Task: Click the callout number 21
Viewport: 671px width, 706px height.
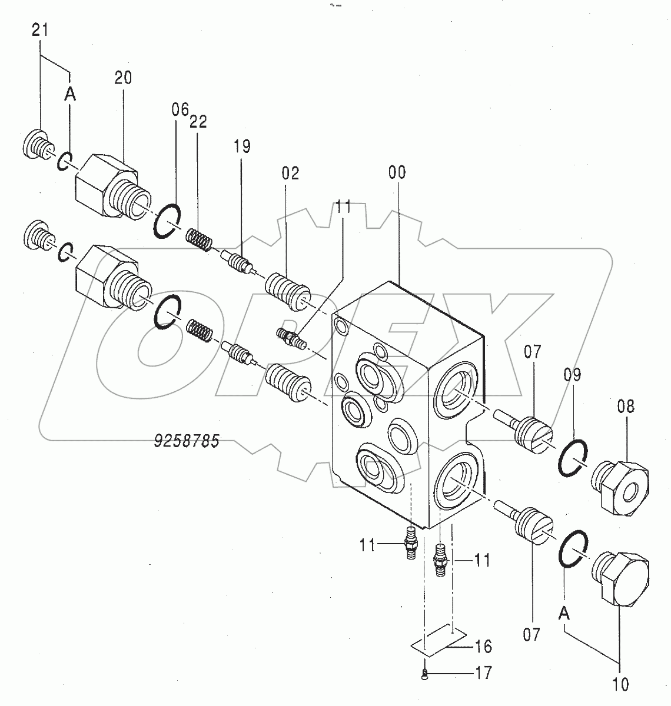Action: (39, 30)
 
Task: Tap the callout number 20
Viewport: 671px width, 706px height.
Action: (123, 78)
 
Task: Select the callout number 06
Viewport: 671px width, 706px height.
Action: (180, 109)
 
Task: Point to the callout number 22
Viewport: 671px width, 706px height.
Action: (198, 122)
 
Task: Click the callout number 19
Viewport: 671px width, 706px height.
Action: (243, 146)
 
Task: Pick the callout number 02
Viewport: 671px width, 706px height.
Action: (290, 173)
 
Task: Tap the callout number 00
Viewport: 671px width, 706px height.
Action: (397, 172)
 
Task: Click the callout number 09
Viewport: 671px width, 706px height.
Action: (573, 375)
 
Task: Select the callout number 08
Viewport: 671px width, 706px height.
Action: (626, 407)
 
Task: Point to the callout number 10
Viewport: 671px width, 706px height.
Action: (620, 685)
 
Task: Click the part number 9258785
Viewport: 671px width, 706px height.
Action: (187, 441)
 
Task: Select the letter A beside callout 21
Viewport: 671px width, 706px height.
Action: (71, 95)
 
